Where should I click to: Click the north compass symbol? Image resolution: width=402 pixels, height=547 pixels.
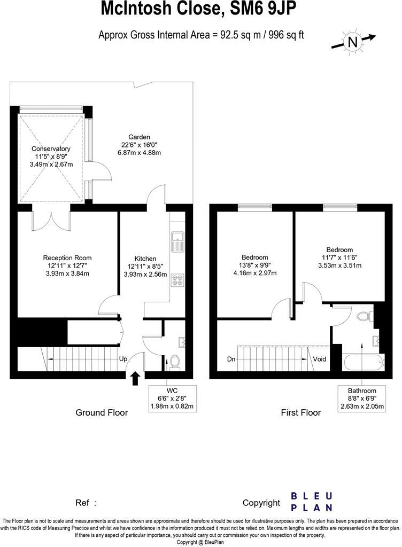click(352, 42)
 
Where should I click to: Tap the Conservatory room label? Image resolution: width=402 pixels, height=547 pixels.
click(51, 149)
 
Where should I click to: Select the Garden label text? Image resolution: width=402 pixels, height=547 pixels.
click(139, 137)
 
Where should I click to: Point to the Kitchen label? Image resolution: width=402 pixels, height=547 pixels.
click(145, 259)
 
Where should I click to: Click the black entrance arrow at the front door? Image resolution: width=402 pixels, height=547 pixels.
click(135, 378)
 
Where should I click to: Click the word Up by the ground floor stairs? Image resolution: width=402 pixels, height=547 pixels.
click(123, 360)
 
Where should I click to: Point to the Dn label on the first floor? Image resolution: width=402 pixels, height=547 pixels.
click(231, 360)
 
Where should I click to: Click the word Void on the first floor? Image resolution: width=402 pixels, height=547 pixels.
click(320, 360)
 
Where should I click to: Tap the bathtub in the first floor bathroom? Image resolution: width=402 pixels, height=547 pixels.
click(364, 363)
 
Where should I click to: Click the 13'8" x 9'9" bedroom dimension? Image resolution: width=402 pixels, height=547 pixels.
click(254, 265)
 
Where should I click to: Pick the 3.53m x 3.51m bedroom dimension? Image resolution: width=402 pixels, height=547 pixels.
click(339, 265)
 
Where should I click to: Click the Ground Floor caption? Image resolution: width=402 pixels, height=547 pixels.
click(102, 412)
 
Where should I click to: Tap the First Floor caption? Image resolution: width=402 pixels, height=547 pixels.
click(301, 412)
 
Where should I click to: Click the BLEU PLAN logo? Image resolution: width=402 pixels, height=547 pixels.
click(312, 502)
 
